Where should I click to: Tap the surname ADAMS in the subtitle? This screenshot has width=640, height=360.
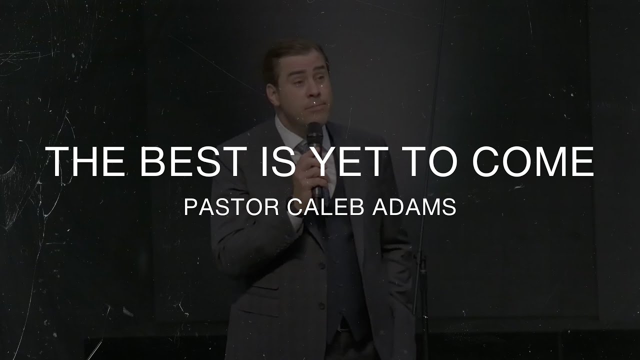tap(414, 207)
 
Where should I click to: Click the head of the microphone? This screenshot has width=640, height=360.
tap(315, 131)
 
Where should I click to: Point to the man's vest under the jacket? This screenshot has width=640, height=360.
tap(340, 260)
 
